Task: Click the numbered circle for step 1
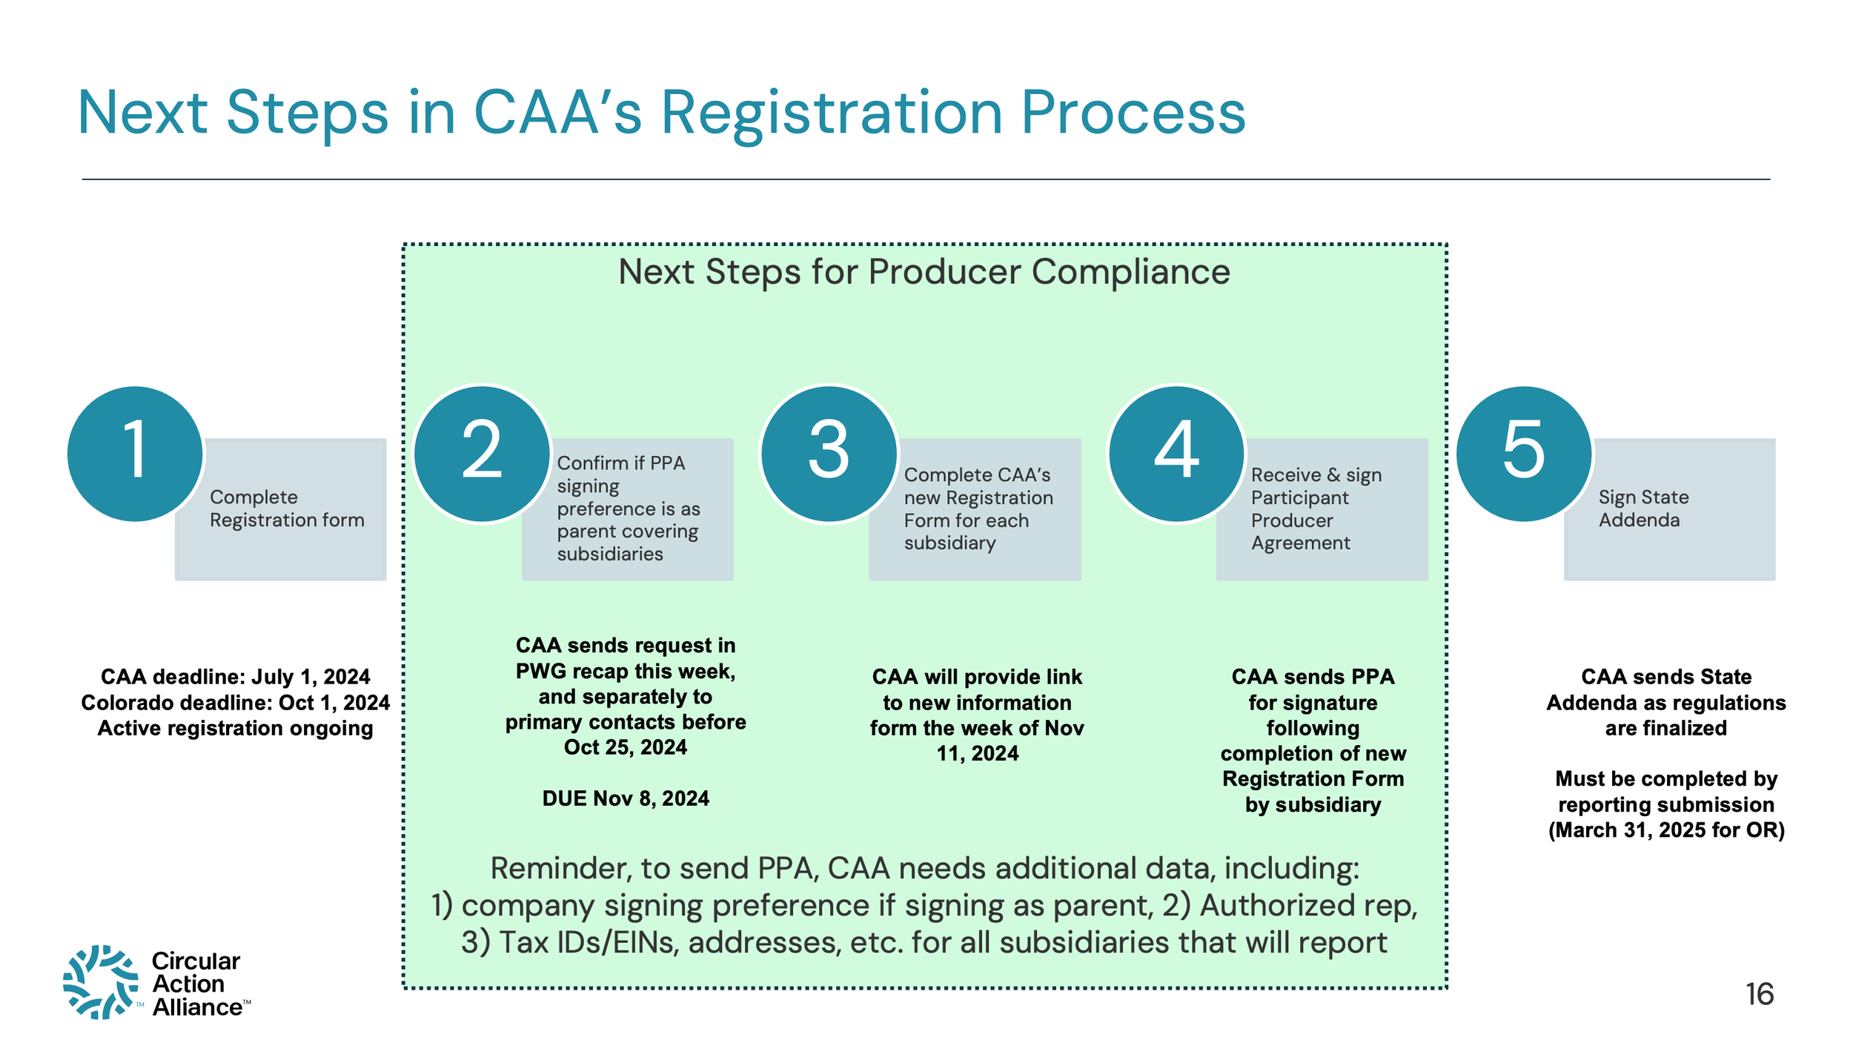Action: tap(135, 454)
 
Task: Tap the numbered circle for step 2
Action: tap(482, 454)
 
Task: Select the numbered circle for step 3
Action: tap(829, 454)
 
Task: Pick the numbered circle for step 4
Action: tap(1176, 454)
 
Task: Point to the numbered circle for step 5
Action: tap(1524, 454)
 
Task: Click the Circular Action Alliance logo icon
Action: tap(101, 982)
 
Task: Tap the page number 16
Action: tap(1760, 994)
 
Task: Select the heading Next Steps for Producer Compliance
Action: tap(924, 272)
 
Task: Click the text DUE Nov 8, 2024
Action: tap(626, 798)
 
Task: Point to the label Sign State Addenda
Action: tap(1643, 509)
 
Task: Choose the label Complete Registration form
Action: tap(287, 509)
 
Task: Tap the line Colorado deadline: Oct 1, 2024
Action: tap(235, 703)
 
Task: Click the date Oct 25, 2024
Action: tap(626, 747)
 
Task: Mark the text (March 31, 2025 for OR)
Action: tap(1666, 830)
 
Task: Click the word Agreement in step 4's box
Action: tap(1301, 544)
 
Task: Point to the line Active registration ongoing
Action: tap(235, 729)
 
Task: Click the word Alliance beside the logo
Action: tap(197, 1007)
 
